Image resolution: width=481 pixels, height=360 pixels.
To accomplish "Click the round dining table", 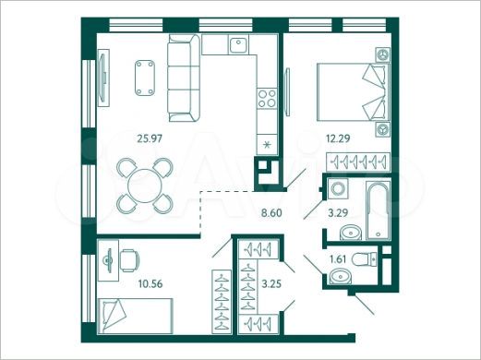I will tap(143, 184).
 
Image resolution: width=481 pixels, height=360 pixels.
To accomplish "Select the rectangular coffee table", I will tap(143, 78).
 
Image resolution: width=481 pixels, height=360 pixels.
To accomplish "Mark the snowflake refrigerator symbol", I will tap(268, 144).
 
